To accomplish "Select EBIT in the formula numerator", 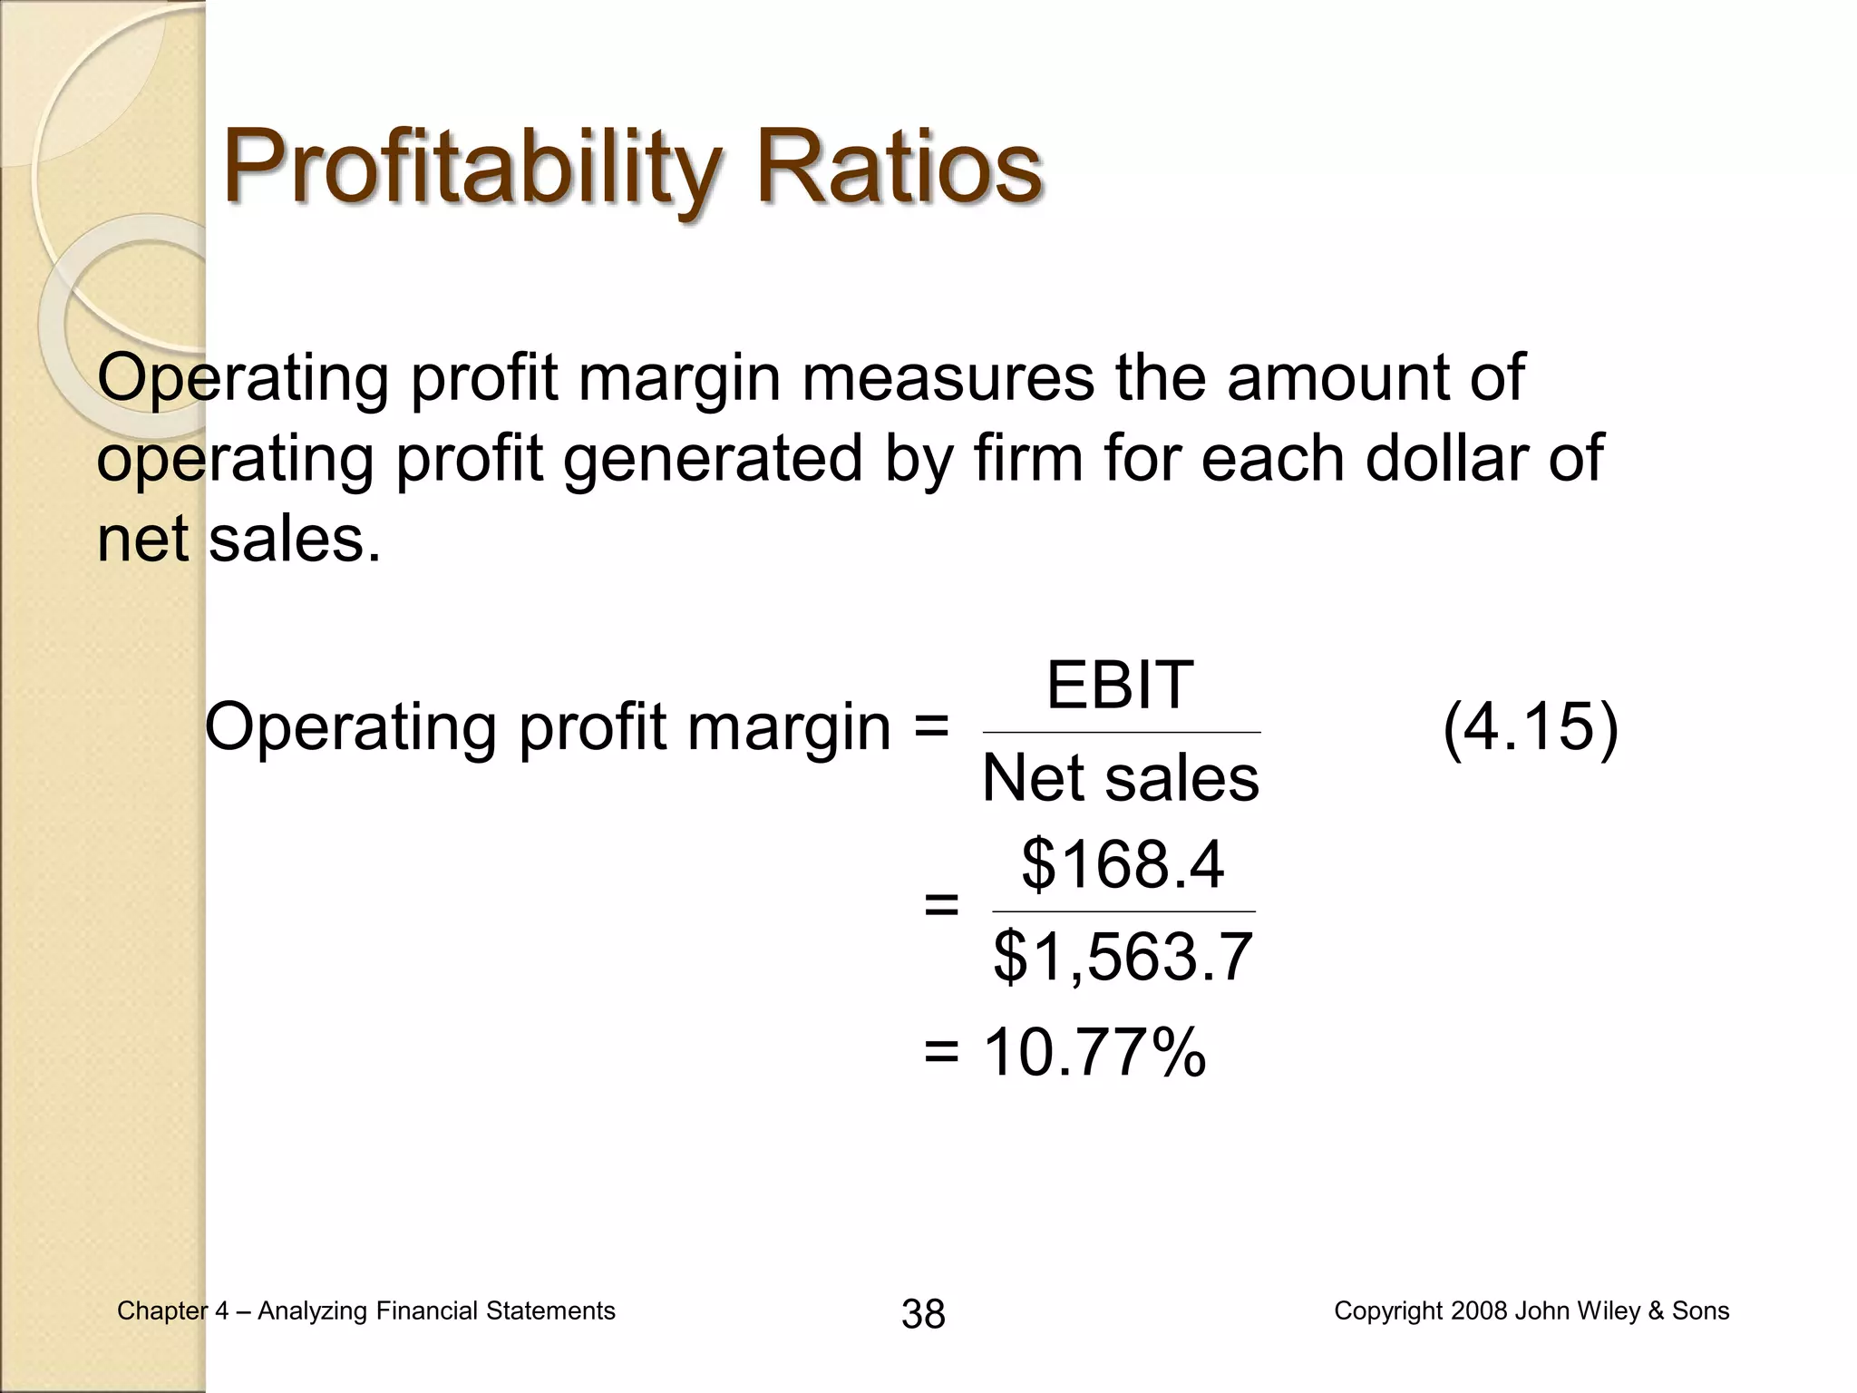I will click(x=1120, y=686).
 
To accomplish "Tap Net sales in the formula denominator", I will click(x=1121, y=778).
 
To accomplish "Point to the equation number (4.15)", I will click(x=1530, y=727).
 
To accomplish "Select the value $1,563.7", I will click(x=1123, y=957).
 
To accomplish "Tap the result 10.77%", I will click(x=1094, y=1052).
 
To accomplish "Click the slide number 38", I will click(x=923, y=1313).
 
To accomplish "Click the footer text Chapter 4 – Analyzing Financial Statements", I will click(x=366, y=1310).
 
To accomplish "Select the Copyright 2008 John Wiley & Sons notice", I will click(x=1531, y=1310).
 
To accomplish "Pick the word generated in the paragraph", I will click(x=714, y=458).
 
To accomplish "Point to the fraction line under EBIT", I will click(x=1121, y=732).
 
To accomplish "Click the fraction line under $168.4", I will click(x=1123, y=911).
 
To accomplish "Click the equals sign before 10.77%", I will click(x=941, y=1053).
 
